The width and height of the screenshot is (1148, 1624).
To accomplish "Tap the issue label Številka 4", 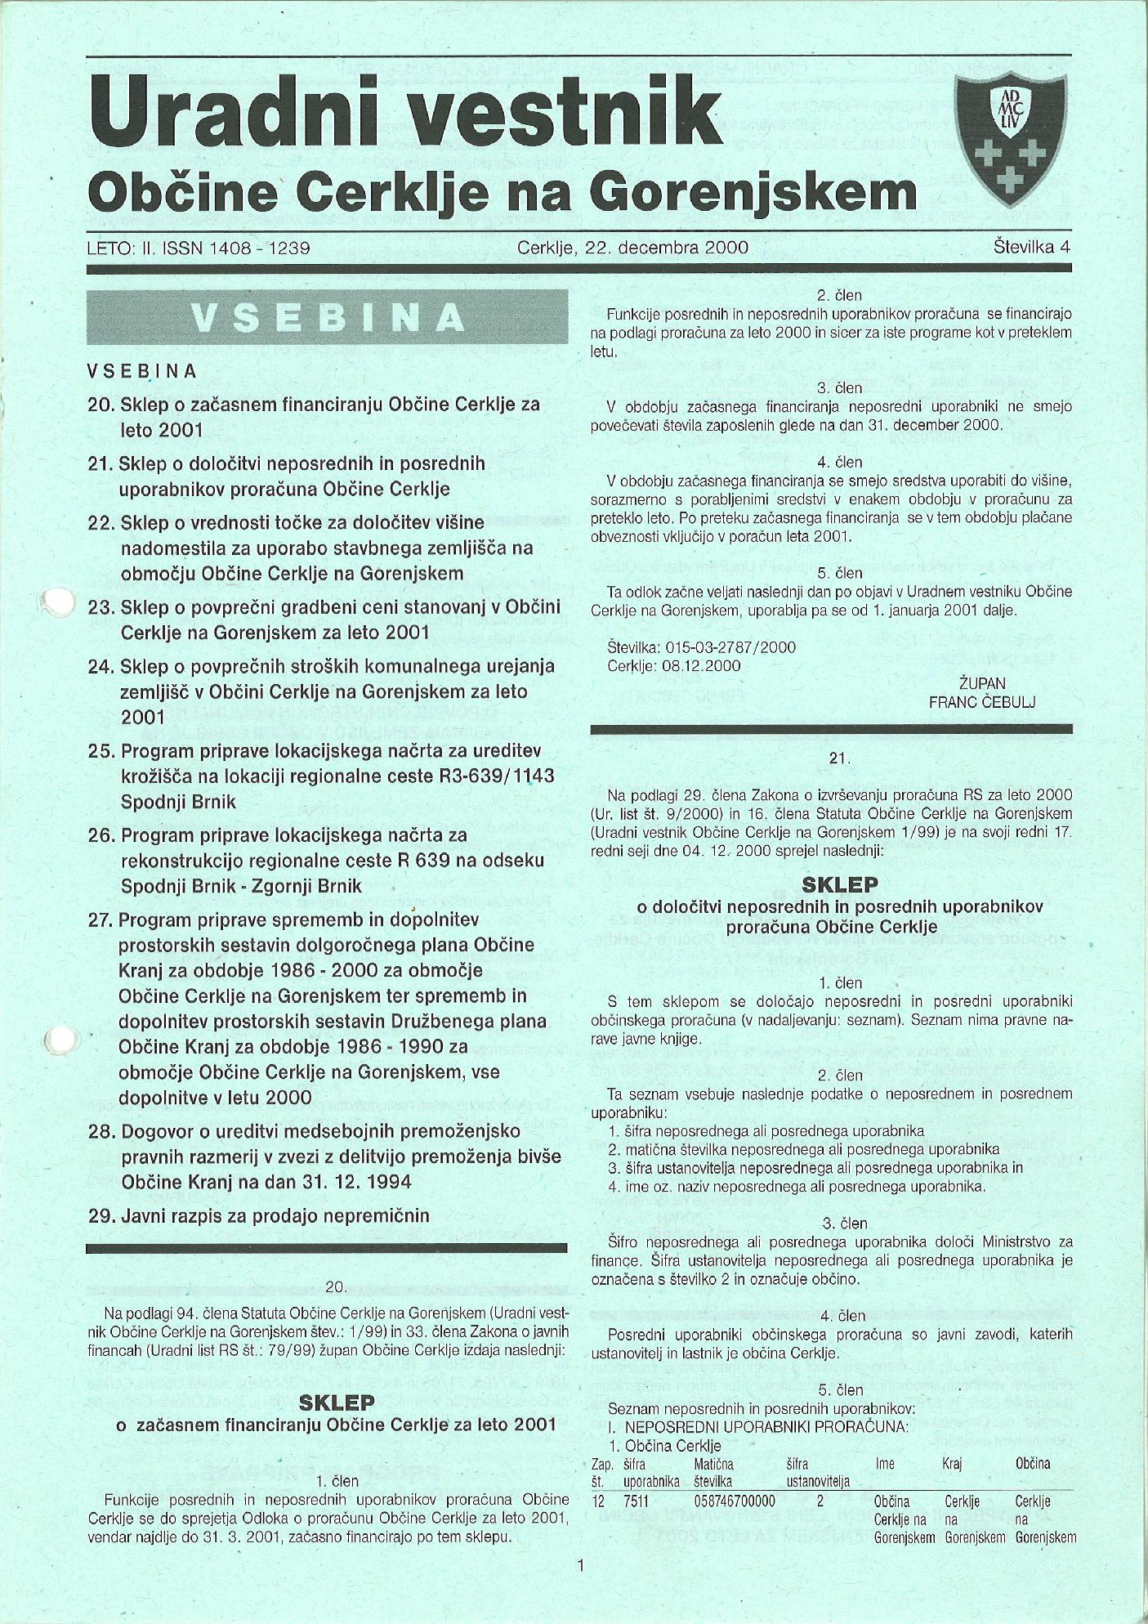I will coord(1032,247).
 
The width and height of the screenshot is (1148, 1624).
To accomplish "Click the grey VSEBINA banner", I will coord(327,317).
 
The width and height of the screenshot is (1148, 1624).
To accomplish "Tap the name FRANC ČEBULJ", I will coord(983,701).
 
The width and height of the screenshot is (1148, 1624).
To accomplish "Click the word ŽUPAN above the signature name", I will coord(983,683).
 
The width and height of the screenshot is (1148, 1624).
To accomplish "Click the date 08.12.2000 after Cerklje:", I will coord(702,665).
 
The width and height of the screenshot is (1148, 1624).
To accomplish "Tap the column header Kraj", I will coord(952,1465).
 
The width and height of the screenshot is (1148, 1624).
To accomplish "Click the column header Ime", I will coord(885,1465).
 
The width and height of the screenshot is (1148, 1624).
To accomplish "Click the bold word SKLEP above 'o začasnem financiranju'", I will coord(337,1403).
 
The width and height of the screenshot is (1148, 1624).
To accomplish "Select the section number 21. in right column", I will coord(839,758).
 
